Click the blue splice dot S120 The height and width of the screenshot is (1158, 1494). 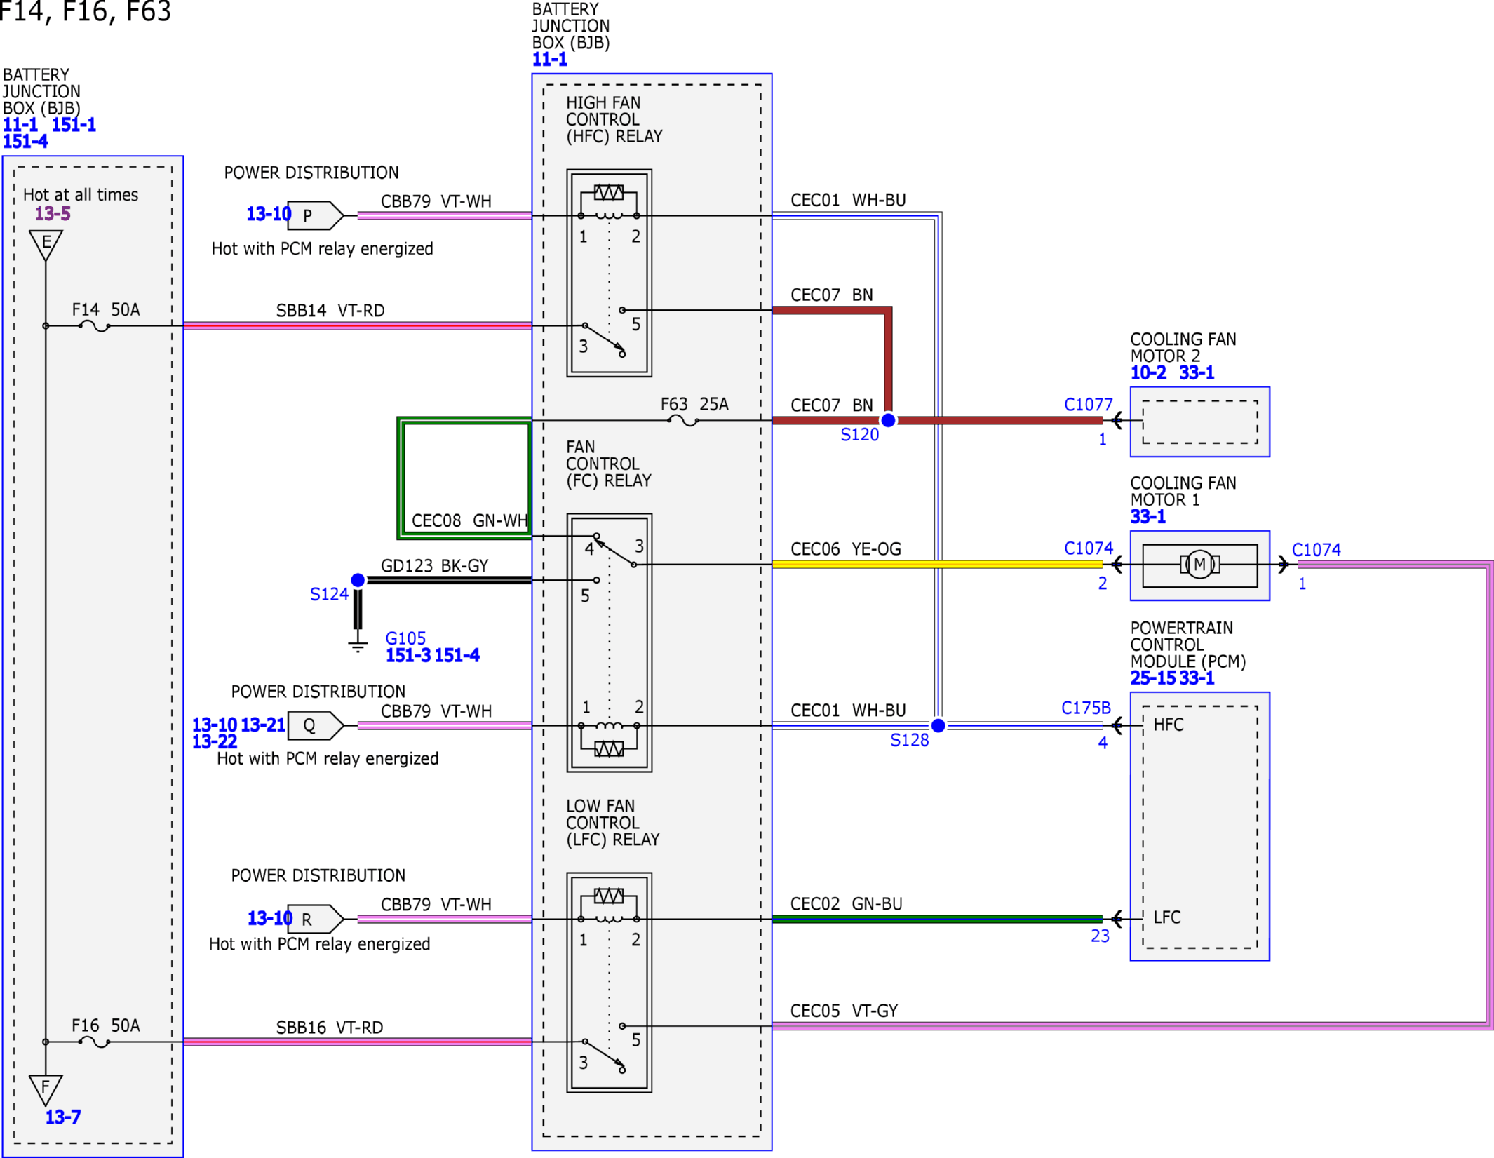point(888,420)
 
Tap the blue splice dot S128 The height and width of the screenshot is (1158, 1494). point(938,725)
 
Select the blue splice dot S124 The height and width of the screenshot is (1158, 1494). point(358,580)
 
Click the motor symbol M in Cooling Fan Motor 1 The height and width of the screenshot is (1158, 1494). point(1199,565)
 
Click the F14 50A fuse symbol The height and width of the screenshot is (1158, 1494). point(95,326)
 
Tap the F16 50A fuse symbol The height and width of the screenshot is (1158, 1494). point(95,1042)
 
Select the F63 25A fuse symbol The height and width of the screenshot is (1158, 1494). point(682,421)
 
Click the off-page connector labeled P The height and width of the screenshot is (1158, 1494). point(315,215)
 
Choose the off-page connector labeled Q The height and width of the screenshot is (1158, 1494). point(315,725)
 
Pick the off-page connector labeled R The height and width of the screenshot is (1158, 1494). point(315,919)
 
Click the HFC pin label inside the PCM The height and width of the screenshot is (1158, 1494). point(1169,725)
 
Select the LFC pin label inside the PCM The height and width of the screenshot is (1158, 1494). point(1167,917)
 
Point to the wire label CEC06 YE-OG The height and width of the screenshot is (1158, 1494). point(846,549)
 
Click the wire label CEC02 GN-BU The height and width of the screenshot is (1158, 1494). point(846,904)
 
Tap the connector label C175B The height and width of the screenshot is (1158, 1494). point(1086,708)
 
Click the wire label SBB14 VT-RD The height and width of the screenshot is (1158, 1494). point(330,311)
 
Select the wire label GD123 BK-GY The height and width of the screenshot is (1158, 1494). point(434,566)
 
